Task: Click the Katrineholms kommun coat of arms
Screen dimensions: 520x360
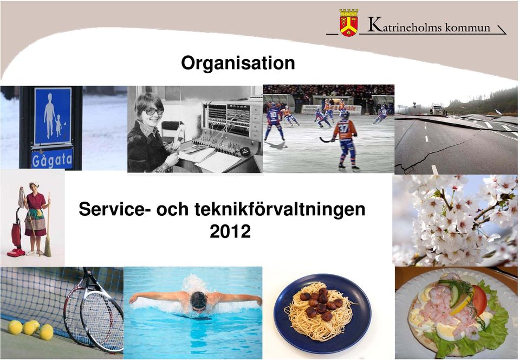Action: point(348,23)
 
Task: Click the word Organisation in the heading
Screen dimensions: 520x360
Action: point(238,63)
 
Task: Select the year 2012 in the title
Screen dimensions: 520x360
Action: point(230,232)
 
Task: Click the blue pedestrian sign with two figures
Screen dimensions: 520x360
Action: point(53,117)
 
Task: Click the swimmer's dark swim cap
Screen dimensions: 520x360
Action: point(199,300)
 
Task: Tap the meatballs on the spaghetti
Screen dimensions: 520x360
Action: point(321,304)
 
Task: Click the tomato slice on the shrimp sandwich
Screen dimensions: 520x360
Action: point(479,300)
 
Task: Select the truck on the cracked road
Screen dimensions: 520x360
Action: point(437,109)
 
